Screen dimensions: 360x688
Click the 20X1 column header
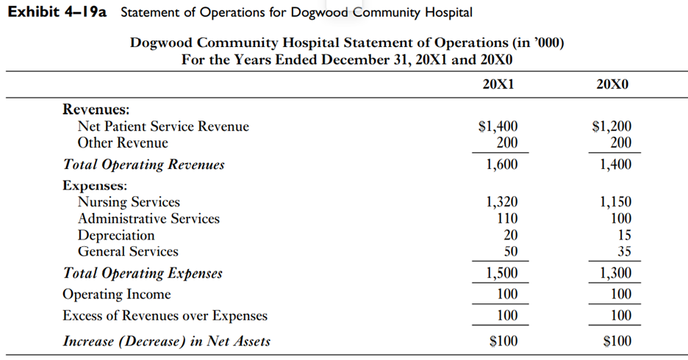coord(498,84)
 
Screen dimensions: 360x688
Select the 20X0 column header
coord(613,84)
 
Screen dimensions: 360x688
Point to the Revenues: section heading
coord(96,109)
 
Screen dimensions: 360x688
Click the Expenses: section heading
coord(95,185)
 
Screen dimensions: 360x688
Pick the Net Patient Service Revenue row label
coord(163,126)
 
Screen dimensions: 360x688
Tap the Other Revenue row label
coord(123,143)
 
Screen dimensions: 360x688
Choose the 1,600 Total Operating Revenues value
coord(502,165)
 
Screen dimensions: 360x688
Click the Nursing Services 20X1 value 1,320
coord(502,202)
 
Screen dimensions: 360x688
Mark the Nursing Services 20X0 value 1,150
coord(615,202)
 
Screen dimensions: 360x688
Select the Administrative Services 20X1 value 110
coord(507,219)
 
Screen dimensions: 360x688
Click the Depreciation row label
coord(116,235)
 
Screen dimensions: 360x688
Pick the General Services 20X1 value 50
coord(510,252)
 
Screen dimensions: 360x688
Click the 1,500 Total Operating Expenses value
coord(502,274)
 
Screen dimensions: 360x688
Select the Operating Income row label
coord(116,295)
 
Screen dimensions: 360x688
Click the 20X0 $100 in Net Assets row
coord(617,341)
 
